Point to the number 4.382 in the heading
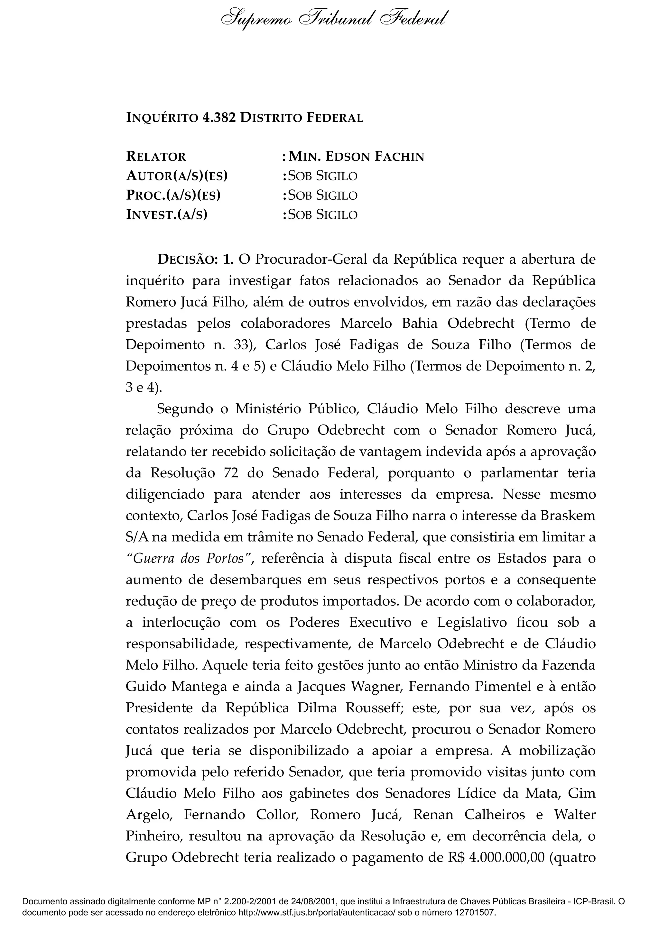pos(218,118)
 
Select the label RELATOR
pos(156,156)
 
